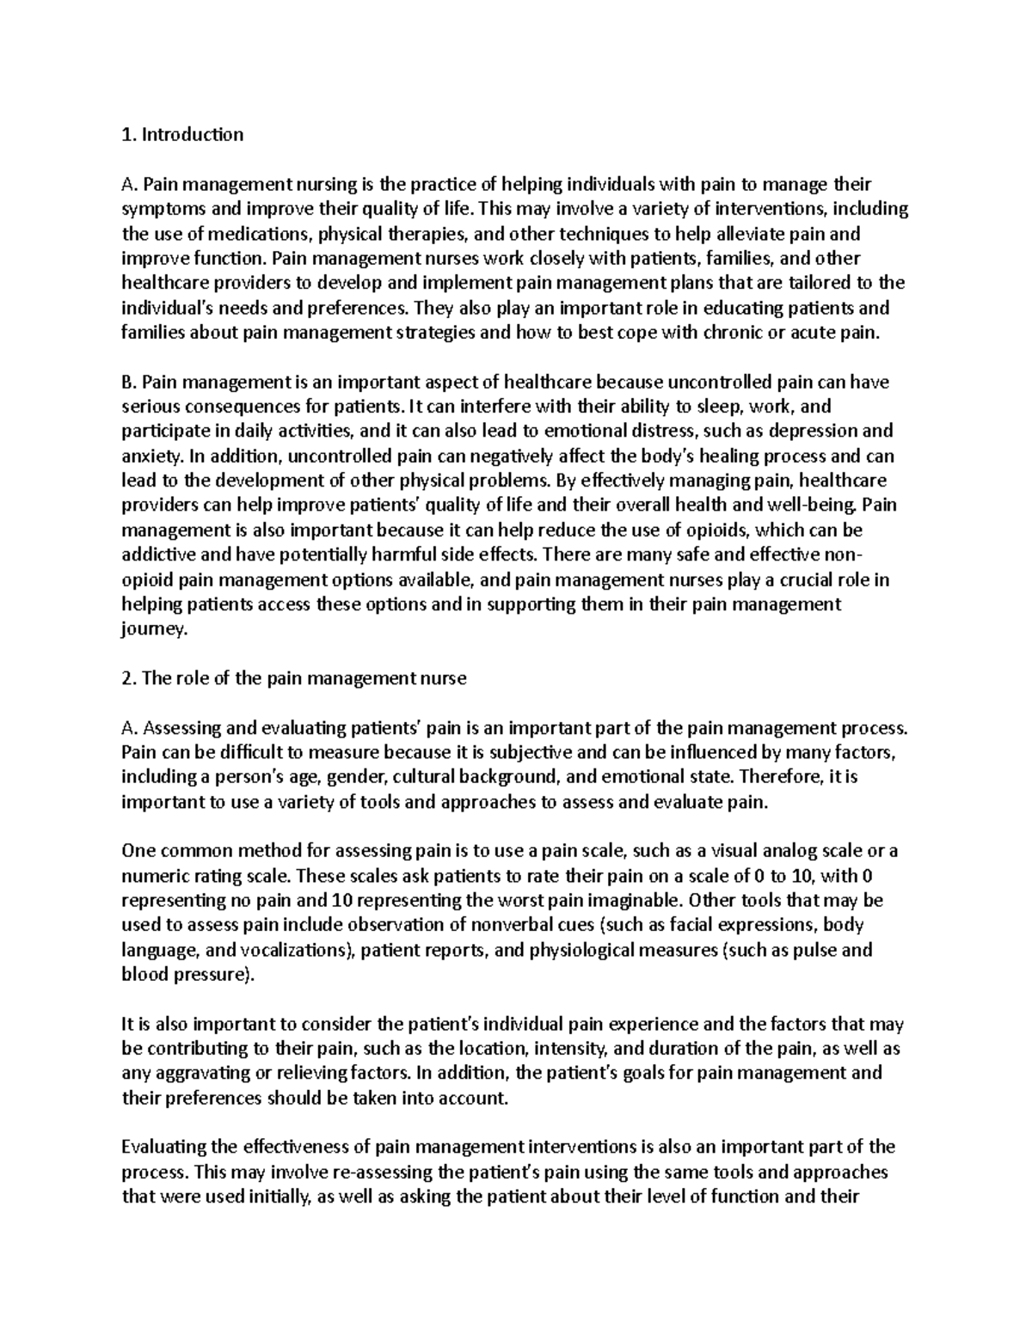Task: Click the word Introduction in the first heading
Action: pyautogui.click(x=193, y=134)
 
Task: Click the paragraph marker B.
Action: pyautogui.click(x=130, y=381)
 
